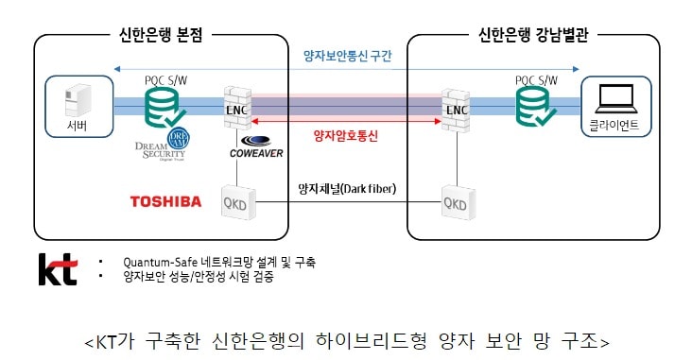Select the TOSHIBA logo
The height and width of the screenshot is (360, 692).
(x=165, y=201)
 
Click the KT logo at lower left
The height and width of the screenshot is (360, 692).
(x=57, y=268)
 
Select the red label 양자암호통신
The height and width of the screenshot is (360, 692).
(x=346, y=136)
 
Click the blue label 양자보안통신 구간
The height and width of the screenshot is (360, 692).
(x=346, y=56)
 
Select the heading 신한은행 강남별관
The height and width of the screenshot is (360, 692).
(x=530, y=33)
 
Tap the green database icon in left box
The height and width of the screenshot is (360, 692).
(x=163, y=106)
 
